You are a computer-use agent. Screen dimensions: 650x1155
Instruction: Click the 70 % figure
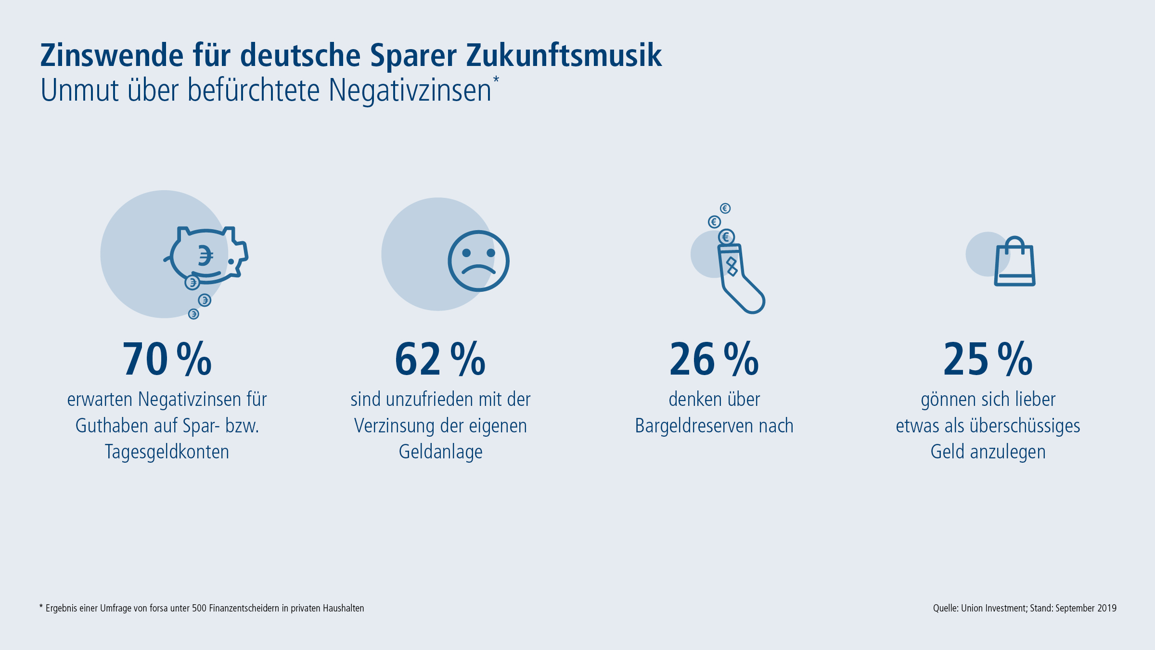point(167,359)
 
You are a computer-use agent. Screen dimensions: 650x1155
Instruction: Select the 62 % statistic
point(440,359)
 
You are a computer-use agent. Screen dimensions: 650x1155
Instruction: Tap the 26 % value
point(714,359)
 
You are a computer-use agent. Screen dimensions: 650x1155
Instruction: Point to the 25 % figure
point(988,359)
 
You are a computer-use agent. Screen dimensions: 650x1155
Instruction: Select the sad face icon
point(478,261)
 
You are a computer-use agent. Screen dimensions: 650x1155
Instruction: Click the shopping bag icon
point(1014,262)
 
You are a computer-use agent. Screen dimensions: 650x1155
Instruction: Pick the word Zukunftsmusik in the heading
point(564,55)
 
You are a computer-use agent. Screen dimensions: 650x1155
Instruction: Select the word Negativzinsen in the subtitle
point(410,91)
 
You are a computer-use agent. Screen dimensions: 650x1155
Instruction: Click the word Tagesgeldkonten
point(167,452)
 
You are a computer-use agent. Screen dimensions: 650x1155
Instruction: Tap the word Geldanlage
point(440,452)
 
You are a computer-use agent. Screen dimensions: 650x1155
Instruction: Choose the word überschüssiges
point(1025,426)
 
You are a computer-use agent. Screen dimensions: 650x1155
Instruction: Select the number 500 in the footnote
point(199,608)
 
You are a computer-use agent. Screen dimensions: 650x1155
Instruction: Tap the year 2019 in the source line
point(1107,608)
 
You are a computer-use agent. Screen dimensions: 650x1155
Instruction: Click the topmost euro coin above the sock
point(725,208)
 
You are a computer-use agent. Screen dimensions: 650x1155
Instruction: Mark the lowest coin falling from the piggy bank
point(193,314)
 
